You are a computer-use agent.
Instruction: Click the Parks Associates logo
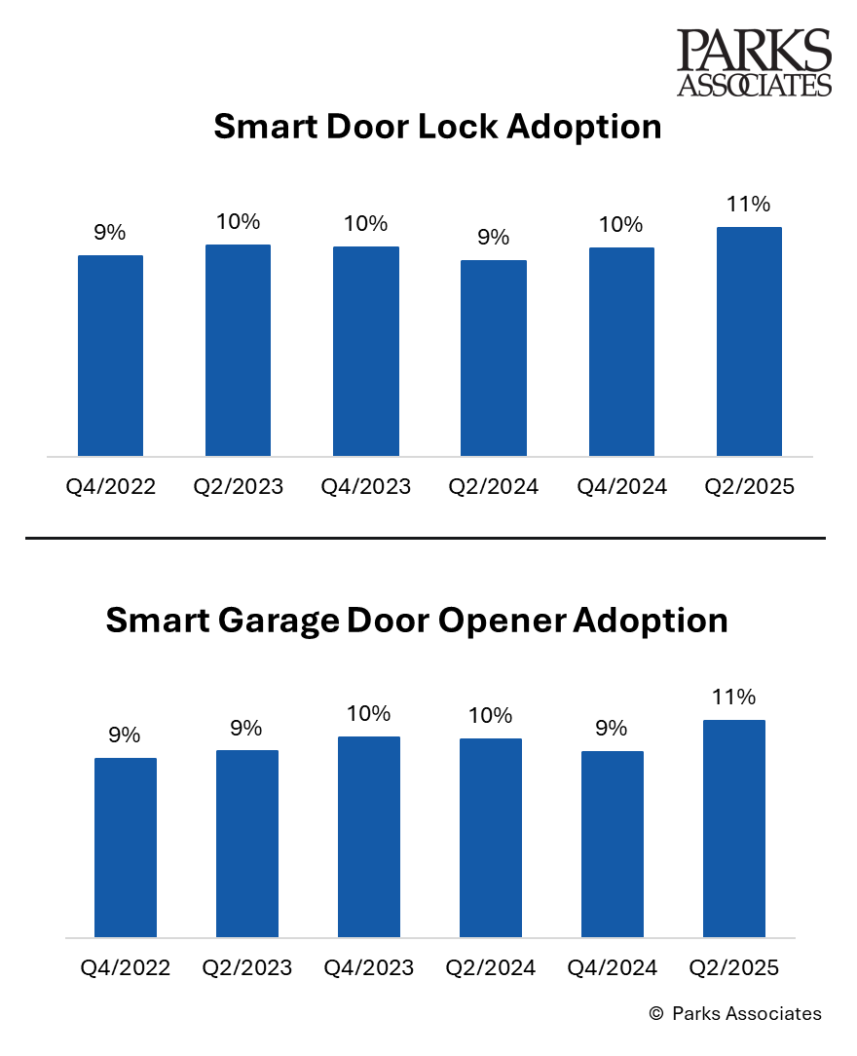point(754,62)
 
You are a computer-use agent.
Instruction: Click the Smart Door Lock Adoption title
point(437,128)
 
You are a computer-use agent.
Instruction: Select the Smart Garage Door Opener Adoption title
point(417,621)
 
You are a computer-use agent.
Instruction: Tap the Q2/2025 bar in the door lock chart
point(749,341)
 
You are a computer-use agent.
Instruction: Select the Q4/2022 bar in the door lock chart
point(110,356)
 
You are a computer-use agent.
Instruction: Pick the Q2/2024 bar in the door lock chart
point(494,358)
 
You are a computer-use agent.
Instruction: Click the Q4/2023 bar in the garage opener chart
point(369,837)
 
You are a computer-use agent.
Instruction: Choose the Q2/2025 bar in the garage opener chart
point(733,829)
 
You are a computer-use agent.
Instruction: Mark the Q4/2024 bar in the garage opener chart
point(612,844)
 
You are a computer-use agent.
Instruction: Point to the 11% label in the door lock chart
point(749,205)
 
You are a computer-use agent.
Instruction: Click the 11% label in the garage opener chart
point(733,698)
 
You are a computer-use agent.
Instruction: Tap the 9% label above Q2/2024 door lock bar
point(494,238)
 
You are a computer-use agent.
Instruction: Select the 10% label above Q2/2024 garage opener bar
point(490,716)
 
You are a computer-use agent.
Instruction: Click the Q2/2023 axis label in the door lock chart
point(238,487)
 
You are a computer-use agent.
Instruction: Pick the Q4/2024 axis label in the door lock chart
point(621,487)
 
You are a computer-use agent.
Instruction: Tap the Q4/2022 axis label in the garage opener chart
point(126,968)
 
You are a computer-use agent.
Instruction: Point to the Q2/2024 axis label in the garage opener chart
point(490,968)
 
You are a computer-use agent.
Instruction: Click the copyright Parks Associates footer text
point(735,1014)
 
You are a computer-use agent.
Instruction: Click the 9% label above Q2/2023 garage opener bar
point(246,728)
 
